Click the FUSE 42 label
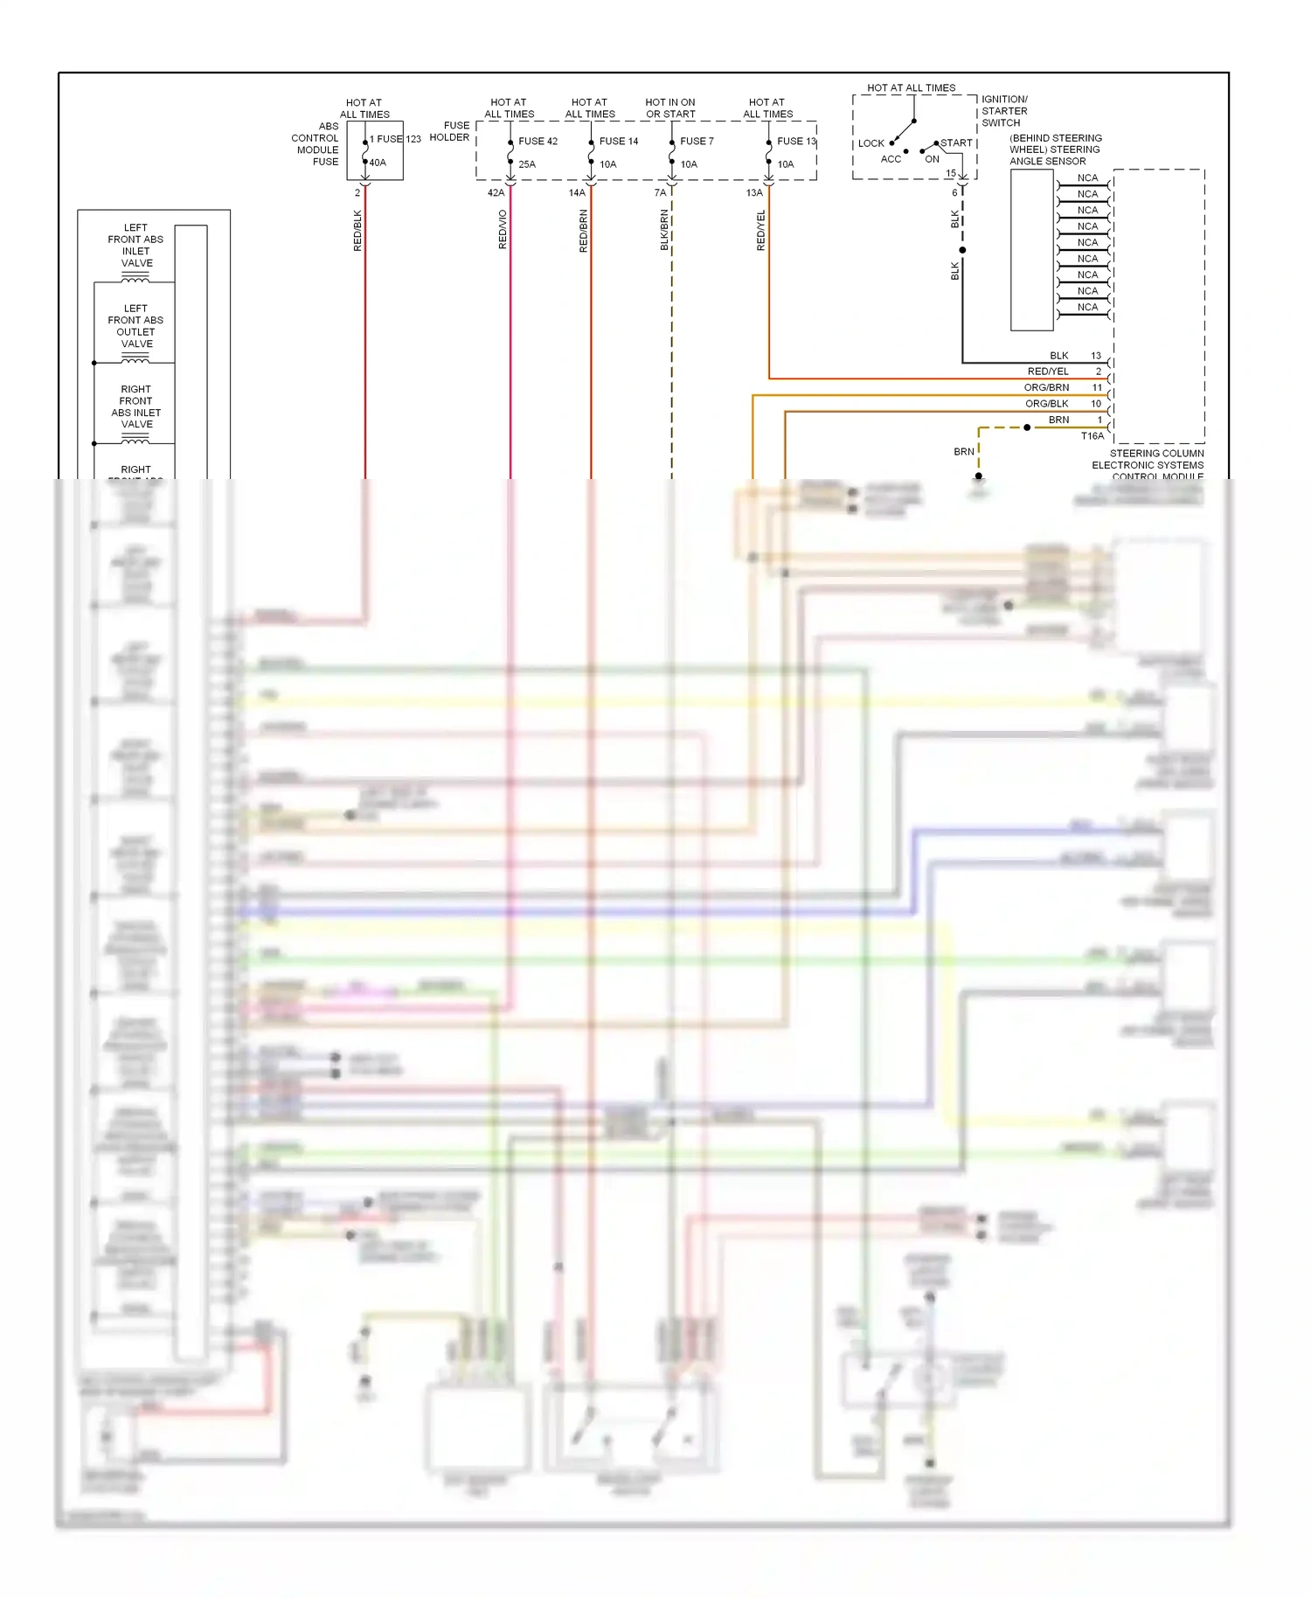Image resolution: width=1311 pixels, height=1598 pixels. [x=538, y=142]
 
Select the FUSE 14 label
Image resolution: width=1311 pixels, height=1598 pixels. [x=618, y=142]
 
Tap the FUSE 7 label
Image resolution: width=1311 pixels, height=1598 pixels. [x=697, y=142]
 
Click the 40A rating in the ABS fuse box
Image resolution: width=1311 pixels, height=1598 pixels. [x=378, y=163]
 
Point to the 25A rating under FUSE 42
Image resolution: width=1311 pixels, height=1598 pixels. [x=527, y=164]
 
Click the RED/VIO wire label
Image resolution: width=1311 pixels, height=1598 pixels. [x=503, y=230]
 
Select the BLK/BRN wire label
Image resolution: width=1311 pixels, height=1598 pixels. [x=664, y=231]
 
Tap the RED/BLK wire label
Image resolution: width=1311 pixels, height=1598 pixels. [x=357, y=231]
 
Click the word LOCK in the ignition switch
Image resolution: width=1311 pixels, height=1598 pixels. [x=871, y=143]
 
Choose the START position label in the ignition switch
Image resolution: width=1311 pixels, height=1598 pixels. [x=956, y=143]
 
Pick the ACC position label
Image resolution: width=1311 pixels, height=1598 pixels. [x=891, y=159]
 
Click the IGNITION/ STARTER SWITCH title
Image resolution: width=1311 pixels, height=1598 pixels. [x=1004, y=111]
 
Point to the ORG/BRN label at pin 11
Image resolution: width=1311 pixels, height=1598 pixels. [x=1046, y=387]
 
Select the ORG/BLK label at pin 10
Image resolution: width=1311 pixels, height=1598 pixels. [x=1046, y=404]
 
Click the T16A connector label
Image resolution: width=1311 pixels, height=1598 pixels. [x=1092, y=436]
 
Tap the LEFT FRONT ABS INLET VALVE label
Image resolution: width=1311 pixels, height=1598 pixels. [x=135, y=246]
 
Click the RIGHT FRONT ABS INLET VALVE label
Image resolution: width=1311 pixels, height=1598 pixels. [x=135, y=406]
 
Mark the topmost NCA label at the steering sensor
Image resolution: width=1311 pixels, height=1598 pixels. [x=1087, y=178]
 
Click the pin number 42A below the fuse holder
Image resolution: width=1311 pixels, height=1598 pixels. [x=496, y=193]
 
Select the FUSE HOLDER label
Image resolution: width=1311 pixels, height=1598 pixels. [x=449, y=131]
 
